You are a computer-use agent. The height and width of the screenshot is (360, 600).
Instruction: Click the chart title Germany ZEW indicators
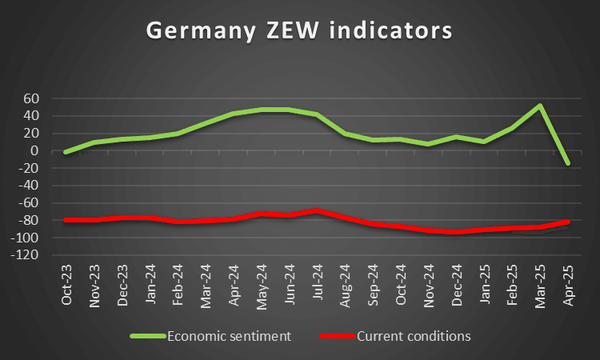click(x=298, y=30)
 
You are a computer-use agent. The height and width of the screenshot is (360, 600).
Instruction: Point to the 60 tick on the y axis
click(x=32, y=98)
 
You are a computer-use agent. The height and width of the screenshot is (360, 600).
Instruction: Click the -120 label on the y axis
click(x=27, y=255)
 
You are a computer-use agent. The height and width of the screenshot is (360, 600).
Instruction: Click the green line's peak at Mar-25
click(x=540, y=106)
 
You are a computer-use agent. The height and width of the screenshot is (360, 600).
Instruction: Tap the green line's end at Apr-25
click(x=567, y=163)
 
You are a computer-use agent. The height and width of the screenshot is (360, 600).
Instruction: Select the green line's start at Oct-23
click(x=66, y=151)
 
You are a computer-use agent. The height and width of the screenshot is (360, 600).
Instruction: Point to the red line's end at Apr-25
click(x=567, y=222)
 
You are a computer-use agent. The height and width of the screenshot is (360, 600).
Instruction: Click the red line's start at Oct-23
click(x=66, y=220)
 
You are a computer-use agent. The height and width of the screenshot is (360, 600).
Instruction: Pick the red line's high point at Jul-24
click(x=317, y=210)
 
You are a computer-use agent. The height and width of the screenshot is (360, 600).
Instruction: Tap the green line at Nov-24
click(x=428, y=144)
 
